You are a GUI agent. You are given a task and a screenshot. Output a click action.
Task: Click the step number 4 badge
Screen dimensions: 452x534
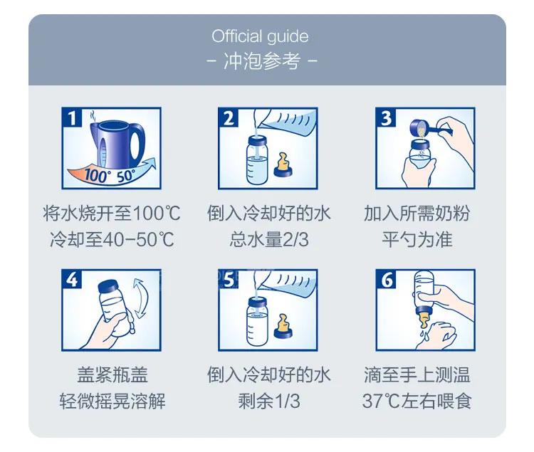(72, 280)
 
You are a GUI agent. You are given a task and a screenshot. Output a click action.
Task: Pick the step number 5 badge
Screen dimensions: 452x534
(229, 280)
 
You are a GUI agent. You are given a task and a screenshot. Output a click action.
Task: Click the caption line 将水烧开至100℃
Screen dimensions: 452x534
(112, 214)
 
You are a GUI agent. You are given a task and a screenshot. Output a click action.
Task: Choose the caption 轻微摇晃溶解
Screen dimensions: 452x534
(112, 401)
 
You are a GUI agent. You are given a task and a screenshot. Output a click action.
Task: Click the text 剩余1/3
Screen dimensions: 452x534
(268, 401)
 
